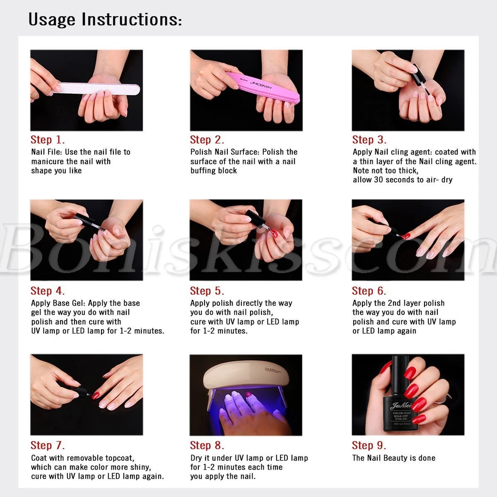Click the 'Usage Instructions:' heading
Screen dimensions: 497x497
click(x=105, y=19)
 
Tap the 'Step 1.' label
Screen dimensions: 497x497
click(x=48, y=140)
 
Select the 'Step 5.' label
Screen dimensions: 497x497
click(x=207, y=290)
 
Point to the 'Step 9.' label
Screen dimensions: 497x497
click(x=369, y=445)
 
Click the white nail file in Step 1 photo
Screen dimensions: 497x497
click(x=96, y=89)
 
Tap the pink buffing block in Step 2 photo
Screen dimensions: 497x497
click(x=262, y=87)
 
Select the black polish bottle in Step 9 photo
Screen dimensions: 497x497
click(x=400, y=396)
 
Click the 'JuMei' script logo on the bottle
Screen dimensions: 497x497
click(x=401, y=405)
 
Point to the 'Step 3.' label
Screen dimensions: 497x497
click(x=369, y=140)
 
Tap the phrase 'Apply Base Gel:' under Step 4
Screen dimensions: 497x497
click(x=59, y=303)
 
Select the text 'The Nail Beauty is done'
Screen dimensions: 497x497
click(x=393, y=458)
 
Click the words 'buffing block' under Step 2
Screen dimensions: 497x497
click(x=214, y=170)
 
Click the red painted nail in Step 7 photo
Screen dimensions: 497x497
click(x=95, y=395)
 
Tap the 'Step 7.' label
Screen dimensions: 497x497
click(x=48, y=445)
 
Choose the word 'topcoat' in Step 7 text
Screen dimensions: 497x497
click(x=120, y=458)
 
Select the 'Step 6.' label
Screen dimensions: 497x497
click(x=369, y=290)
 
